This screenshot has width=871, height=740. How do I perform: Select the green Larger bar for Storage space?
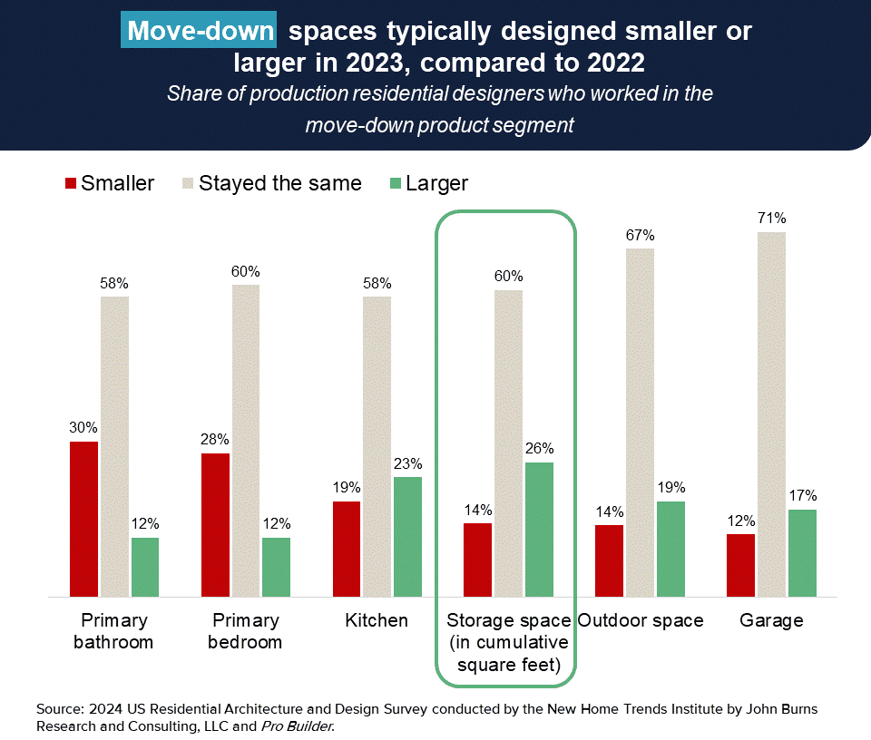point(539,530)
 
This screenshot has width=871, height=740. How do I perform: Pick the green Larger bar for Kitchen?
point(408,537)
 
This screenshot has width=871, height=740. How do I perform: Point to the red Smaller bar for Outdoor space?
point(608,560)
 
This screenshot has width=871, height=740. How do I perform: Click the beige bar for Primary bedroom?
point(245,441)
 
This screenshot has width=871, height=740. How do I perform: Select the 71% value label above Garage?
point(773,219)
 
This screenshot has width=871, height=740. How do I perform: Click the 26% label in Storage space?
point(538,448)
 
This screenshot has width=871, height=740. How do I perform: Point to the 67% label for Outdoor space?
point(640,236)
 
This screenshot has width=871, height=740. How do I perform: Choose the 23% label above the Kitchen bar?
point(407,463)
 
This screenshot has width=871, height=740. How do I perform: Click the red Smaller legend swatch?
point(71,183)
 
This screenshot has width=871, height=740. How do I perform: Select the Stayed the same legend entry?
point(279,183)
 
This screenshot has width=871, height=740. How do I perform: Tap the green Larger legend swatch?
point(396,183)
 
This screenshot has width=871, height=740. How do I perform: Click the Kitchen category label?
point(377,621)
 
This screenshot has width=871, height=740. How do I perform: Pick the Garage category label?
point(771,621)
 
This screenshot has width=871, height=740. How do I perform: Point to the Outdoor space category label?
point(641,621)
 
